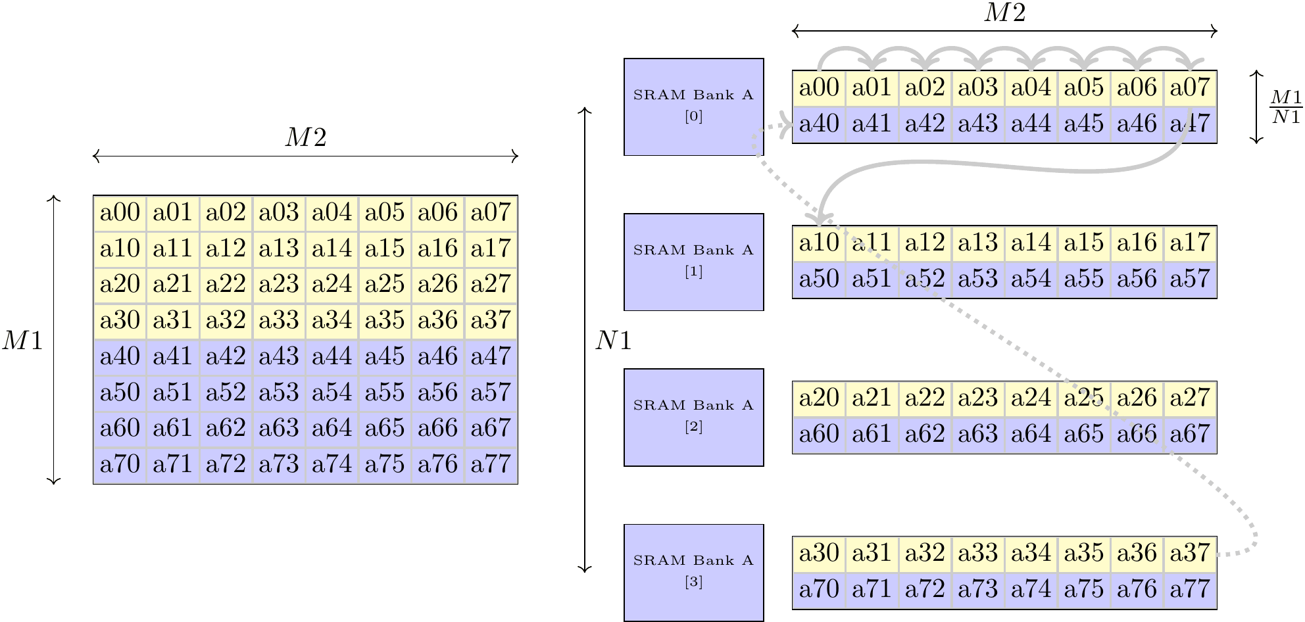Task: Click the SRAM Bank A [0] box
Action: [x=693, y=107]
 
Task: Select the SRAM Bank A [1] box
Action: [x=693, y=262]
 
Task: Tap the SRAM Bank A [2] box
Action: [x=693, y=417]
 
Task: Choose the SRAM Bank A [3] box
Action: [x=693, y=572]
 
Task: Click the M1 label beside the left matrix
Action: [x=22, y=341]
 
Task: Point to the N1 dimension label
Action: [x=613, y=341]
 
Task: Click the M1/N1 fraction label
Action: [x=1286, y=107]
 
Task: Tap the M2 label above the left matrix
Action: [x=305, y=137]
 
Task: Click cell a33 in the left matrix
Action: [x=279, y=320]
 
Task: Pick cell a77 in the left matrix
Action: [x=491, y=464]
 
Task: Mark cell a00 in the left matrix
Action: [x=120, y=212]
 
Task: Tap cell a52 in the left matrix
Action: [x=226, y=393]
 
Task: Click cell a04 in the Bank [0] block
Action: [x=1031, y=87]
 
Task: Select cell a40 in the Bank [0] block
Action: [x=819, y=124]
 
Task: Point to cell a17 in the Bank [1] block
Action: [x=1190, y=243]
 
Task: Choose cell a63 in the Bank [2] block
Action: [x=977, y=434]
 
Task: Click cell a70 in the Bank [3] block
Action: [x=819, y=589]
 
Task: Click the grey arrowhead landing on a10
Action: [x=821, y=220]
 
